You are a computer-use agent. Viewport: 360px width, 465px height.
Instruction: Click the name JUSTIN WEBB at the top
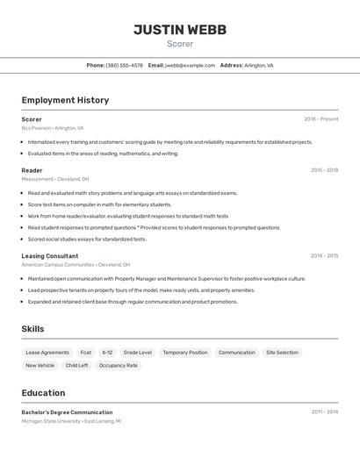[180, 30]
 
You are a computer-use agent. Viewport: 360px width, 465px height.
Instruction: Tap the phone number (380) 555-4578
[124, 65]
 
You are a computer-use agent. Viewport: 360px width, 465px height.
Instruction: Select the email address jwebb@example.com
[190, 65]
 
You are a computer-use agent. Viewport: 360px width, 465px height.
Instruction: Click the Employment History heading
[65, 100]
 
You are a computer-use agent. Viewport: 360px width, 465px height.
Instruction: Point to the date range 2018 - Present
[320, 119]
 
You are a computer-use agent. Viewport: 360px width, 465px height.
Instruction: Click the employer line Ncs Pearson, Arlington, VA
[53, 128]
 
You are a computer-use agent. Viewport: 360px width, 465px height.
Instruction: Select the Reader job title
[32, 170]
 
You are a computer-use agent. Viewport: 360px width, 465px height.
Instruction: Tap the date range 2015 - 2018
[324, 170]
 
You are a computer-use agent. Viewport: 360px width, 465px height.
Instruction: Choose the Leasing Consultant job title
[50, 256]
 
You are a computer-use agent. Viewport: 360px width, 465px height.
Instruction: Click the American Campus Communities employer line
[76, 264]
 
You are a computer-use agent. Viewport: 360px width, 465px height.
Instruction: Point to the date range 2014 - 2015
[324, 256]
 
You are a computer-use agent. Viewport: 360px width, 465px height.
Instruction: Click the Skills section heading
[33, 329]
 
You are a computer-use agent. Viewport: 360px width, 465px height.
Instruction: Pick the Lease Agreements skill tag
[47, 353]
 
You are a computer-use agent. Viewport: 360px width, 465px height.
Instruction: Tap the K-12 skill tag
[107, 353]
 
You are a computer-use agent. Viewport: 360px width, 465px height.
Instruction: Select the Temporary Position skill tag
[185, 353]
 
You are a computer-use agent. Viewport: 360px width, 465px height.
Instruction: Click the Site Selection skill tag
[282, 353]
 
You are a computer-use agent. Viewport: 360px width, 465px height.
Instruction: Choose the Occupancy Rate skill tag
[119, 366]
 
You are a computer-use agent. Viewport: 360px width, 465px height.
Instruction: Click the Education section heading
[43, 393]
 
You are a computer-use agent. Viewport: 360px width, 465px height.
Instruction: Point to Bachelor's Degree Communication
[67, 412]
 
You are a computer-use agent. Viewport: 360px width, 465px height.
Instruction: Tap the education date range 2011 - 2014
[324, 412]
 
